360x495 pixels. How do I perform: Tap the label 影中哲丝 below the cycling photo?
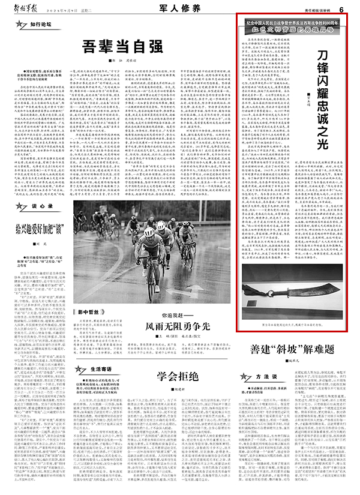[88, 312]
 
